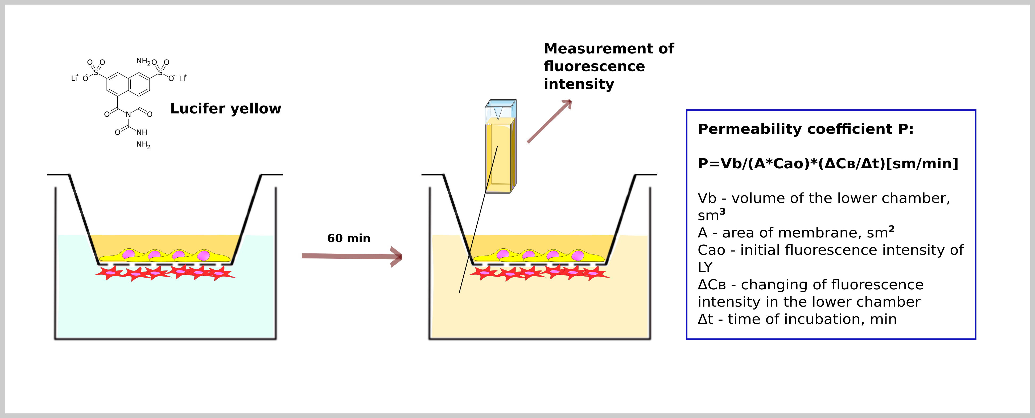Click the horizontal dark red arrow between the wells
click(x=345, y=256)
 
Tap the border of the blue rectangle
click(x=687, y=225)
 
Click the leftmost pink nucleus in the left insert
click(x=129, y=254)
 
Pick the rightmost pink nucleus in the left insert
click(x=203, y=255)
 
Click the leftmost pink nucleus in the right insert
click(x=503, y=254)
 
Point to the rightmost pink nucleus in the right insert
click(x=577, y=255)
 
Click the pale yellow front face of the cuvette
click(x=498, y=157)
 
